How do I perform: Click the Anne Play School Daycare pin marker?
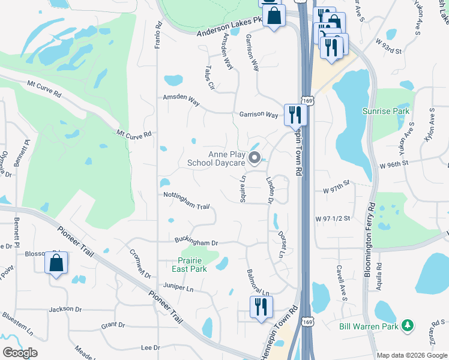point(254,159)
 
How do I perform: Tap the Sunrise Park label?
point(385,111)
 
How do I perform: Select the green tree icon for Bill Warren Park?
point(408,325)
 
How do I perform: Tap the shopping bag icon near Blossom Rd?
point(56,263)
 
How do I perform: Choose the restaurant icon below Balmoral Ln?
point(261,307)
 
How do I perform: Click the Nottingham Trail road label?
point(186,201)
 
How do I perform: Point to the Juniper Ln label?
point(178,288)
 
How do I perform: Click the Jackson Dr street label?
point(65,309)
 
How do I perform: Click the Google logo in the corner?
point(20,352)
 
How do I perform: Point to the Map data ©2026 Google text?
point(411,355)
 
